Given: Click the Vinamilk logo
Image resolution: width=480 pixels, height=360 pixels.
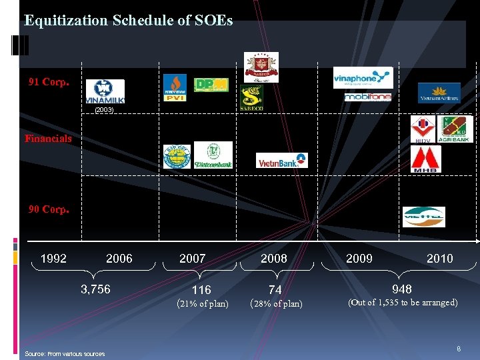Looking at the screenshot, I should (x=105, y=91).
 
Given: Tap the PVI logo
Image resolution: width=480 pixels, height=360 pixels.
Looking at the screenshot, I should (x=175, y=88).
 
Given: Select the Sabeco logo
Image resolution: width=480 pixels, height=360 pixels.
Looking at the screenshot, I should (x=251, y=97).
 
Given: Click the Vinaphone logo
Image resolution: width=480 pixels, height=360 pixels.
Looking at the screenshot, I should (x=363, y=77).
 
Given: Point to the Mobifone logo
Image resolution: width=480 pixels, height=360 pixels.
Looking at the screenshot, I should (x=367, y=97).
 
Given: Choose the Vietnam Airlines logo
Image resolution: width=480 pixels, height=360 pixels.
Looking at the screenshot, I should (x=439, y=93).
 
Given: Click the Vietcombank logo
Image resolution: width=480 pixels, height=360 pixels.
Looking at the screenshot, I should (x=213, y=155).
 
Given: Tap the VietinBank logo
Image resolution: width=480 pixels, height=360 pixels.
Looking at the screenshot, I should (x=282, y=160).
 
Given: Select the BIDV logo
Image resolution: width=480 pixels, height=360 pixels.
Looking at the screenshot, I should (x=423, y=129).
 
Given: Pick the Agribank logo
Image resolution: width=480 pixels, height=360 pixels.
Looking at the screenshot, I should (x=455, y=129).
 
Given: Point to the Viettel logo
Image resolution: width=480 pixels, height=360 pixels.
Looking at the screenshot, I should (x=423, y=217).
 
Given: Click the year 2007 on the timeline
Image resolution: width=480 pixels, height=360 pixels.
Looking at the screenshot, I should (x=193, y=259).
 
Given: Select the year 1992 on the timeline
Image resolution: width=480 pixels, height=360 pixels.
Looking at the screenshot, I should (x=54, y=259).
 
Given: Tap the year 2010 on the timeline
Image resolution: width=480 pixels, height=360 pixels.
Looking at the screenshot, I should (x=439, y=259).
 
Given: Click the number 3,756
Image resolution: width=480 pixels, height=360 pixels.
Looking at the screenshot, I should (x=96, y=289).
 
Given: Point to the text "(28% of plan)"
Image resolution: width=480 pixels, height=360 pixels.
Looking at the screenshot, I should (x=275, y=304).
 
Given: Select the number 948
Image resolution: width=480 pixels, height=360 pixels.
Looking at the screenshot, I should (x=402, y=289).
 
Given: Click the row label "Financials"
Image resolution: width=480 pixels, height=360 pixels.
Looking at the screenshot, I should (x=48, y=139).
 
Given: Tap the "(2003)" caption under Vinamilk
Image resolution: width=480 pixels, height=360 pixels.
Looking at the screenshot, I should (x=104, y=109).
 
